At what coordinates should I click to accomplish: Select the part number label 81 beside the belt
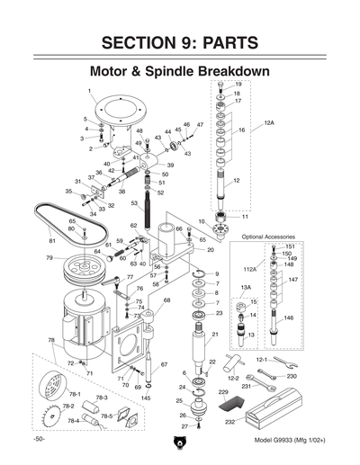coord(52,241)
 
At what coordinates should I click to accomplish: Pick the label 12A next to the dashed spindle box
coord(269,121)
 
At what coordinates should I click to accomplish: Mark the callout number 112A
coord(250,268)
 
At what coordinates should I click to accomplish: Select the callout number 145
coord(146,398)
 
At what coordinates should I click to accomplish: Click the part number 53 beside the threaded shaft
coord(133,204)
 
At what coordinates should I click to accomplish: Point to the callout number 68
coord(166,300)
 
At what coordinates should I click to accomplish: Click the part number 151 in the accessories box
coord(290,246)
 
